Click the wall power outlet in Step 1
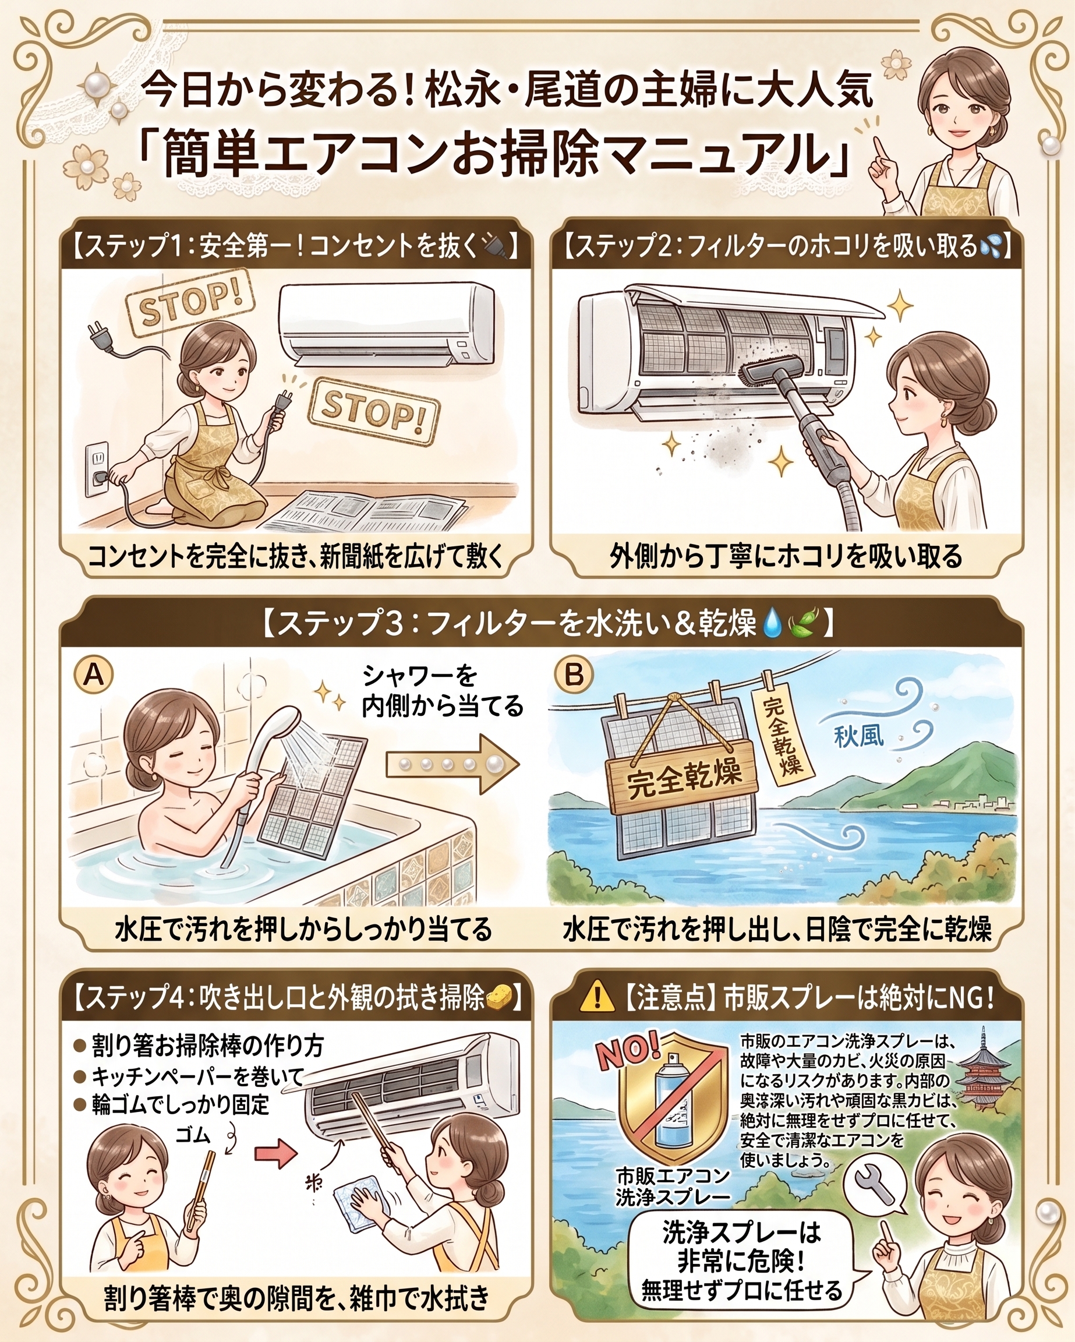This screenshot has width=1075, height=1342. [x=97, y=469]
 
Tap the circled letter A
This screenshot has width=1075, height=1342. [x=93, y=674]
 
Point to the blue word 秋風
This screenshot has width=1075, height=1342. [x=859, y=737]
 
